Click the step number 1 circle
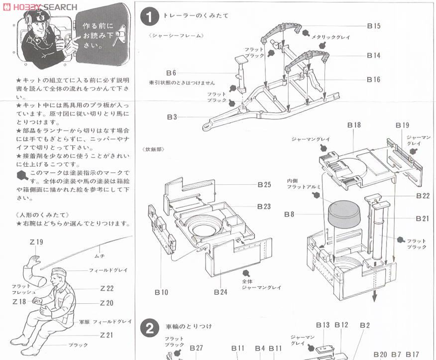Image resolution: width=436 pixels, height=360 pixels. point(148,17)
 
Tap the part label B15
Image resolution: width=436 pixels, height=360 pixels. point(373,26)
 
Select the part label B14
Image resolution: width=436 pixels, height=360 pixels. point(373,55)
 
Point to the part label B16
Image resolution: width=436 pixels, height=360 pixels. point(373,80)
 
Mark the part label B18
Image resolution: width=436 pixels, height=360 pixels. point(354,125)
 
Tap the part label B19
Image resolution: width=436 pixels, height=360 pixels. point(402,125)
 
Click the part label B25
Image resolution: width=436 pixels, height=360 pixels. point(264,184)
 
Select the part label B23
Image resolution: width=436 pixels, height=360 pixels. point(264,206)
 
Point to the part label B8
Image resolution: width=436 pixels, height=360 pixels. point(289,215)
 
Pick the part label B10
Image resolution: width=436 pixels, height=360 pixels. point(161,292)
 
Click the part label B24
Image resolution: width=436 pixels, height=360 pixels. point(221,292)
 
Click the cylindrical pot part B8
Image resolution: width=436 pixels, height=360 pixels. point(344,213)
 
